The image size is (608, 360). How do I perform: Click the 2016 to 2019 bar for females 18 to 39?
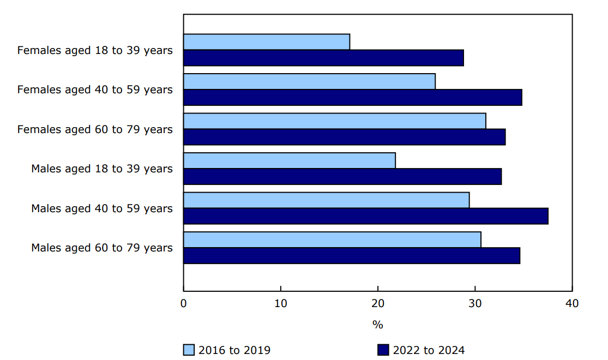(x=267, y=42)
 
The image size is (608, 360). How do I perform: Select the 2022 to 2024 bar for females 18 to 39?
(x=323, y=58)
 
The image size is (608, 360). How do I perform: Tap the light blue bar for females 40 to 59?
(x=309, y=81)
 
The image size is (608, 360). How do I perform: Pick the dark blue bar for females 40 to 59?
(x=352, y=98)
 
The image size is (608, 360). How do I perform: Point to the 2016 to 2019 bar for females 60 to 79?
(x=334, y=121)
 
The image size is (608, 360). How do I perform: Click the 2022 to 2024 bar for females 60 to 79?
(x=344, y=137)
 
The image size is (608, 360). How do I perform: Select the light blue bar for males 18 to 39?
(x=289, y=160)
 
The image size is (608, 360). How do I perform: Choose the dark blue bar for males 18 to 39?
(x=342, y=177)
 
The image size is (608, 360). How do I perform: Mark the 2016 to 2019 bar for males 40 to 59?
(x=326, y=200)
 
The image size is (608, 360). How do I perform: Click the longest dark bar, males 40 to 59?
(x=365, y=216)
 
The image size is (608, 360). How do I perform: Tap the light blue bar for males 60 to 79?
(x=332, y=239)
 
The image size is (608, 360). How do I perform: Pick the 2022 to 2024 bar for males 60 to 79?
(x=352, y=256)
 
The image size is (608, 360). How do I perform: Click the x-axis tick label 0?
(x=184, y=303)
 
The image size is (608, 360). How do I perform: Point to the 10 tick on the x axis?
(x=281, y=303)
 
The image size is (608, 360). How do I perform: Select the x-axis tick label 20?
(x=378, y=303)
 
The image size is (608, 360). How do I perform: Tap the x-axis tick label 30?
(x=475, y=303)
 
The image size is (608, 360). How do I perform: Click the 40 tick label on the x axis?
(x=572, y=303)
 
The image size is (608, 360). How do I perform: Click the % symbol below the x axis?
(x=378, y=325)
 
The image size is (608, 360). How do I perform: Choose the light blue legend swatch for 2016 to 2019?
(x=189, y=350)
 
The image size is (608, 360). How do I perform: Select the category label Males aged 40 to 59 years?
(x=102, y=208)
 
